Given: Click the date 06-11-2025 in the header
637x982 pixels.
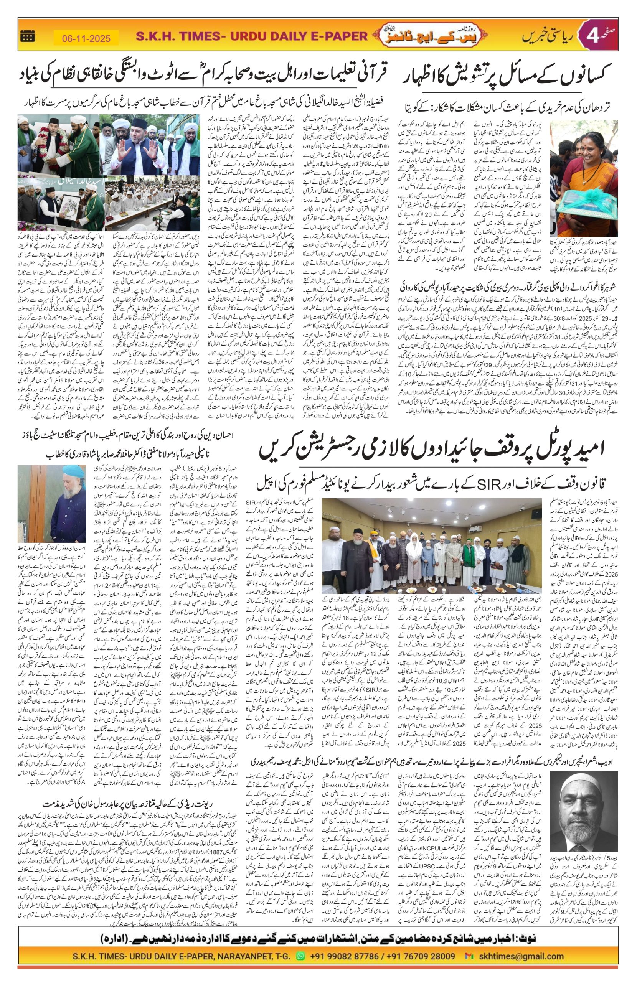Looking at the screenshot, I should [x=86, y=38].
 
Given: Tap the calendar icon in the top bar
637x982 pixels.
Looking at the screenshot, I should [x=28, y=36].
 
